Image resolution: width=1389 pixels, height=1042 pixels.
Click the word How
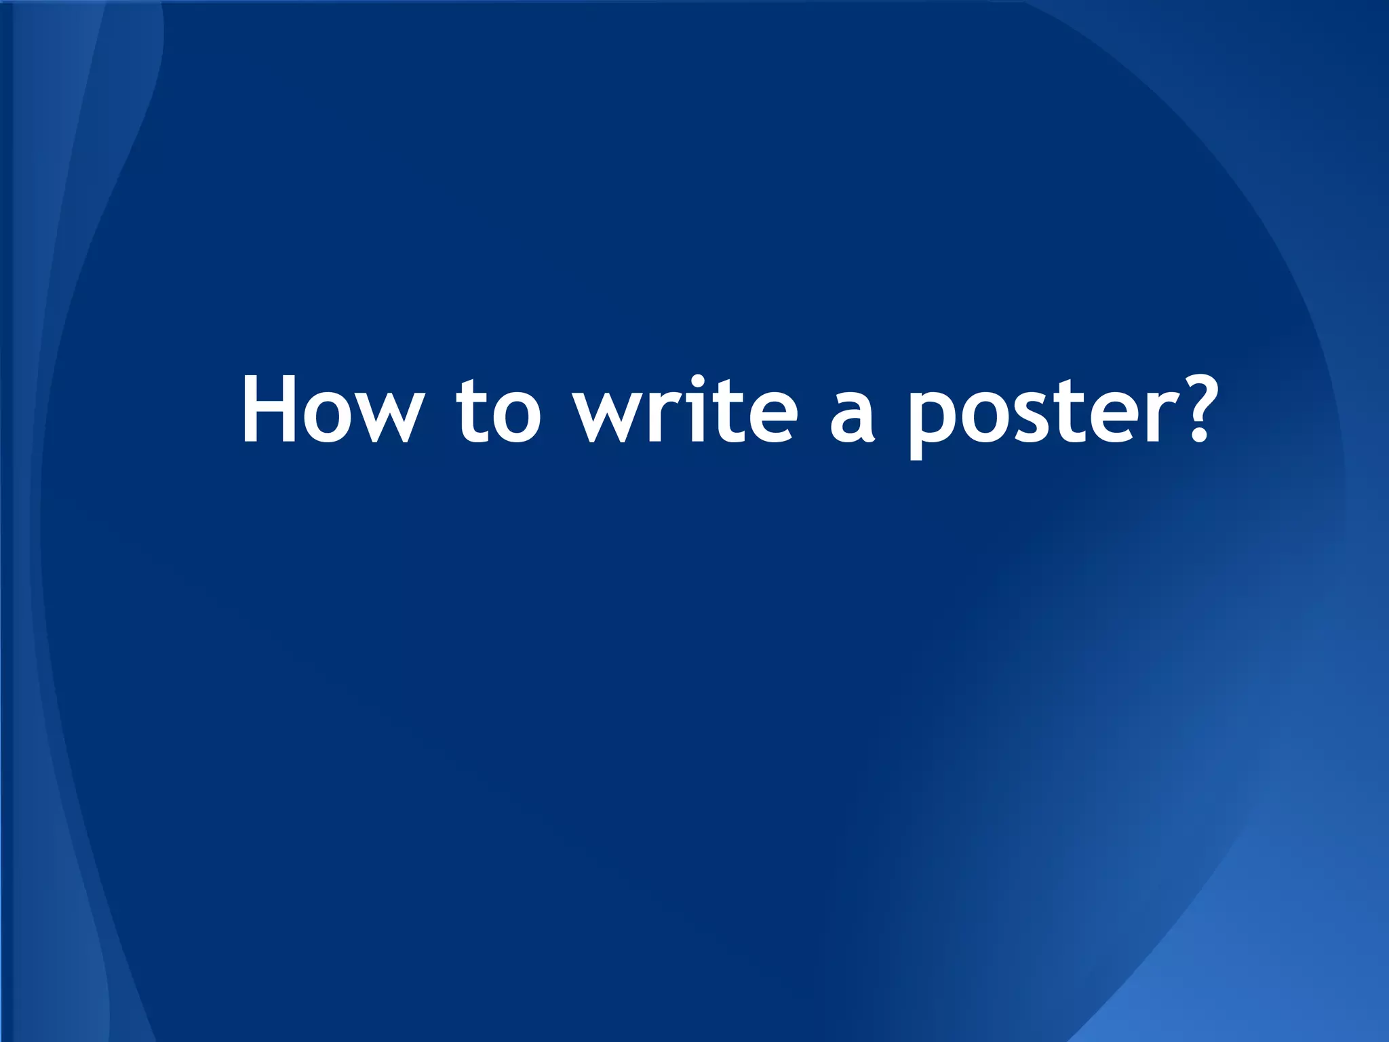click(332, 410)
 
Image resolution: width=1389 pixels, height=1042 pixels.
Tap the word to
click(498, 411)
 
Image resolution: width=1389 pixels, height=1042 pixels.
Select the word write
click(685, 410)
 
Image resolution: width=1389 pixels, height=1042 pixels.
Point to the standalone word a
click(852, 418)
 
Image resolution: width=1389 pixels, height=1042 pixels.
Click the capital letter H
click(269, 410)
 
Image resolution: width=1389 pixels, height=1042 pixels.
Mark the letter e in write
click(767, 418)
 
